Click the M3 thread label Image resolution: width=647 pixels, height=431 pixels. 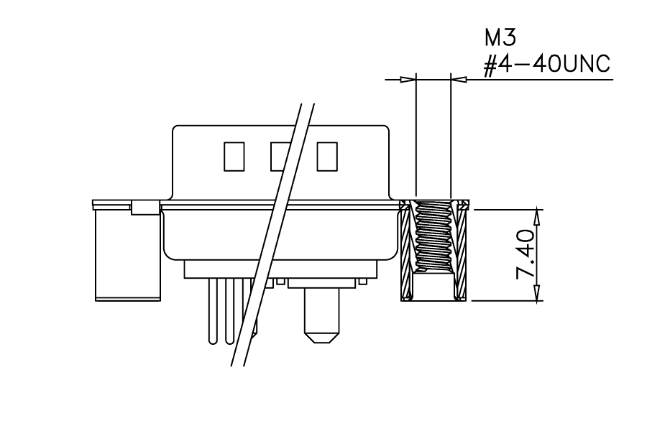[500, 38]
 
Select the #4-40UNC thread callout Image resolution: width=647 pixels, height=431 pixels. [547, 65]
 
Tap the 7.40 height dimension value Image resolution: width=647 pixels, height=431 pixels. [526, 255]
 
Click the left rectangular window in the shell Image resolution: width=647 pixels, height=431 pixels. [234, 157]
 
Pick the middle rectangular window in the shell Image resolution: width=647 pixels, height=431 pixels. [280, 157]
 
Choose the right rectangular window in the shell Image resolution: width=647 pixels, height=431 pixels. [327, 157]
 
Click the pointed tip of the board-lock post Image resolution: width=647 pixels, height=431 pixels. [321, 342]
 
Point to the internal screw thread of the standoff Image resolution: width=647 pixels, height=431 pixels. [433, 238]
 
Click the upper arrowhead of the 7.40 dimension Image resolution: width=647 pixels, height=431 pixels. [537, 218]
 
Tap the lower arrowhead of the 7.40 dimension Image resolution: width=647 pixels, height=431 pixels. [537, 292]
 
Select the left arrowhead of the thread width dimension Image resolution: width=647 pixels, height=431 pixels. [408, 79]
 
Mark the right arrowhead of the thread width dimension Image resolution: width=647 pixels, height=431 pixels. [459, 79]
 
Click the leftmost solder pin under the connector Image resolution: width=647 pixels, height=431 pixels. [213, 311]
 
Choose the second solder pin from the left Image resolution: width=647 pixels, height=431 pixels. [230, 311]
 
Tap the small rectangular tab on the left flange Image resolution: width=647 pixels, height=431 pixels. [145, 208]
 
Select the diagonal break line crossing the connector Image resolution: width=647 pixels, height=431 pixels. [272, 234]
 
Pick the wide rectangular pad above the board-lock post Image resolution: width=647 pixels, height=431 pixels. [322, 283]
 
